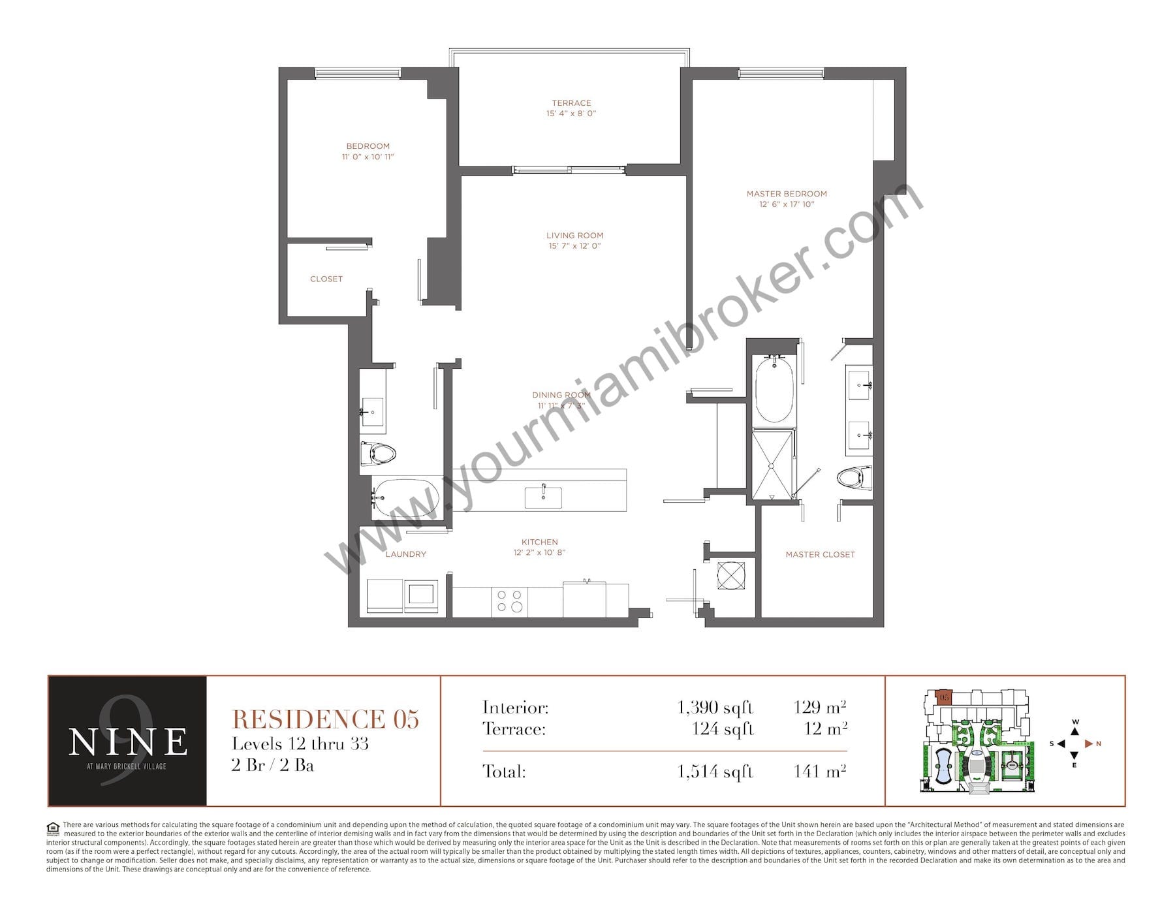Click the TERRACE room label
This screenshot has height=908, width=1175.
click(x=571, y=103)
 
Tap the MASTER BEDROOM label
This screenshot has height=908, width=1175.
click(x=787, y=194)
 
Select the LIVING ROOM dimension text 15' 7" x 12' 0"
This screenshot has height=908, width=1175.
click(x=574, y=246)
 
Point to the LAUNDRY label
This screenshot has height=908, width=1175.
click(x=405, y=554)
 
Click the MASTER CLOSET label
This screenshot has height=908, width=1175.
click(x=820, y=555)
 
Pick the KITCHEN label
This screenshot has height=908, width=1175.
click(x=540, y=542)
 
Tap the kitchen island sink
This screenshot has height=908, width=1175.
click(x=543, y=497)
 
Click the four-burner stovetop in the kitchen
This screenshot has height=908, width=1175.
click(x=509, y=601)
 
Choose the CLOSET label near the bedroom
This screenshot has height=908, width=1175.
click(x=326, y=279)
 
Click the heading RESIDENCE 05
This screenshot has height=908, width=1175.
click(x=326, y=719)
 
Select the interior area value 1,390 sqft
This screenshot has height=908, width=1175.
click(x=715, y=708)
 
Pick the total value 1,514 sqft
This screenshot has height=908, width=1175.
click(x=715, y=772)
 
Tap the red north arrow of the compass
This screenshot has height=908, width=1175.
click(x=1088, y=744)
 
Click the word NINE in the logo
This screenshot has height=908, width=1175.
click(x=128, y=742)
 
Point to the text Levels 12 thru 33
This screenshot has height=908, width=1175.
click(x=300, y=744)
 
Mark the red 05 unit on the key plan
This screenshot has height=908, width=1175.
click(x=943, y=697)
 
